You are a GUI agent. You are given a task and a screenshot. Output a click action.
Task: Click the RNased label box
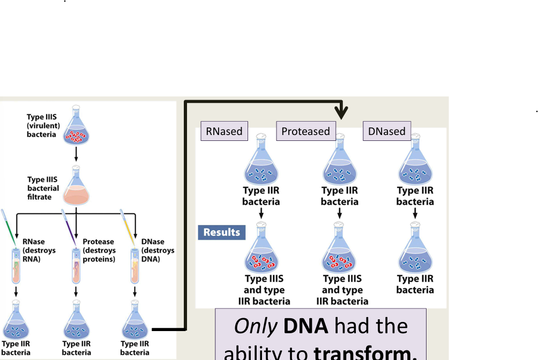tap(224, 131)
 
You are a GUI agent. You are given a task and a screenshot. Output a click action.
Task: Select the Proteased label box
tap(305, 131)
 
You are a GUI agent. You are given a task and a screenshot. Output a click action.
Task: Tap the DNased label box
tap(387, 131)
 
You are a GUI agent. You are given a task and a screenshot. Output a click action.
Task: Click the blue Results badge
tap(222, 232)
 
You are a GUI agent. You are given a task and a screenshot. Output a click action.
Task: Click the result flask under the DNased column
tap(415, 252)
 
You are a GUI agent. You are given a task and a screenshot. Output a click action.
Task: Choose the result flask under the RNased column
tap(261, 252)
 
